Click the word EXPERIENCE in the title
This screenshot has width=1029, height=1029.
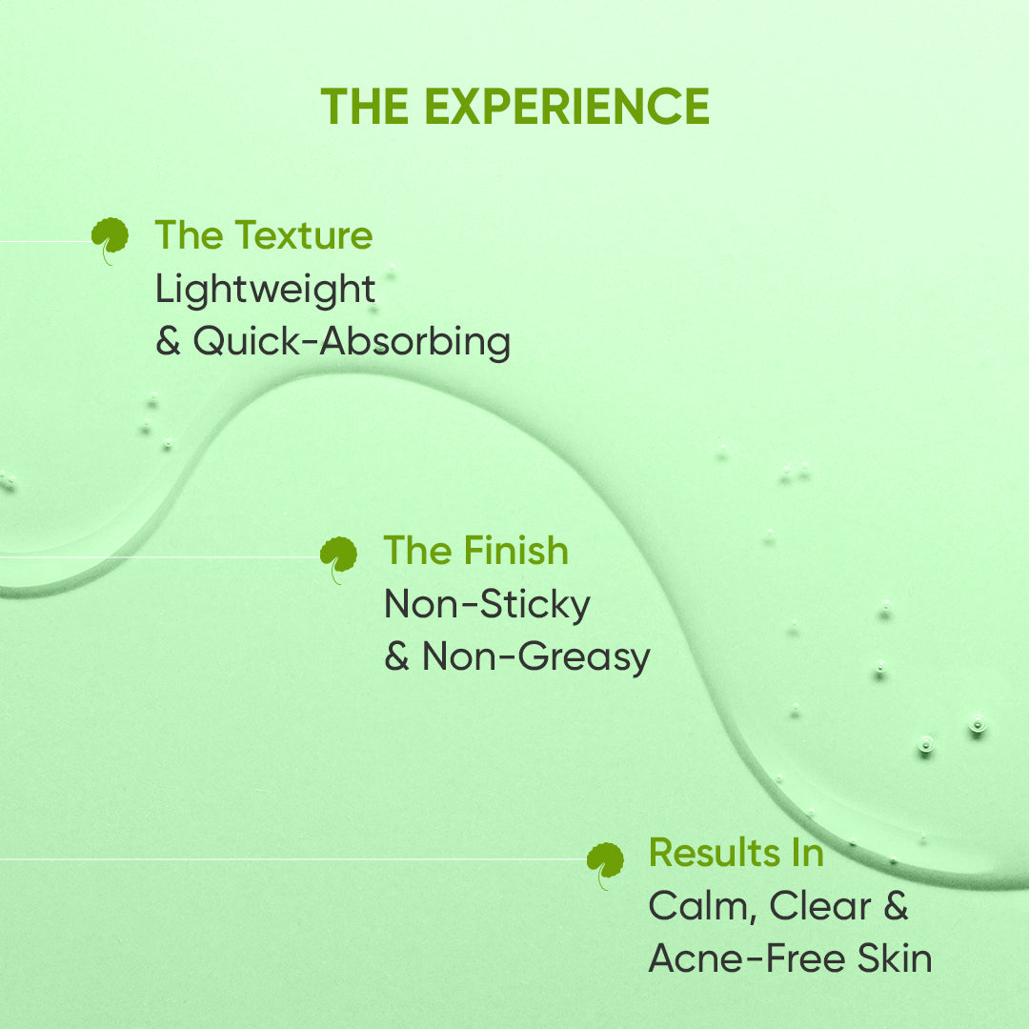coord(567,106)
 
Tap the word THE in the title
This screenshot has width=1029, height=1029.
coord(365,106)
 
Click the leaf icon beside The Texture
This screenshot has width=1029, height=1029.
coord(110,239)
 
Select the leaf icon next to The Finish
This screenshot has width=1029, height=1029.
coord(338,558)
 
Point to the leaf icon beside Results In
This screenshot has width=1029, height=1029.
coord(605,864)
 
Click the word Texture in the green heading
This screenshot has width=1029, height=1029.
coord(304,235)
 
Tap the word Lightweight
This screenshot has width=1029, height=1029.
coord(265,290)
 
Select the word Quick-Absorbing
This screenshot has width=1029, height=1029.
coord(352,342)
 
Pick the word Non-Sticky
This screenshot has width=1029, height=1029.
coord(487,604)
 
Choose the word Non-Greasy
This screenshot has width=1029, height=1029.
coord(536,656)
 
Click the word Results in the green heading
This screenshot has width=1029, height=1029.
coord(713,853)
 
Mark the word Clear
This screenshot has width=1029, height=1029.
coord(820,906)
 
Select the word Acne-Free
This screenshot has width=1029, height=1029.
coord(747,958)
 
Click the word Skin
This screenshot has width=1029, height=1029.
coord(895,958)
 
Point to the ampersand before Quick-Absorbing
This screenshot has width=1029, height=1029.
coord(168,341)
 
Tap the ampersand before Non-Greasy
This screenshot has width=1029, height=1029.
coord(397,656)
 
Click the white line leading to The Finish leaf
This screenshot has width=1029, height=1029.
coord(160,557)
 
